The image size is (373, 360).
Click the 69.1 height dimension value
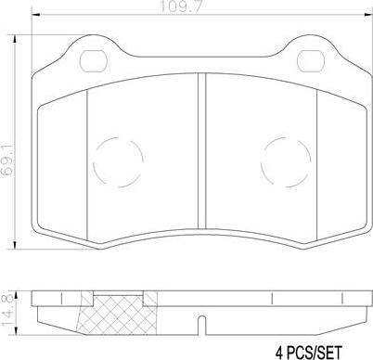point(6,160)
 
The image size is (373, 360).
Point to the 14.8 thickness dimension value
point(6,310)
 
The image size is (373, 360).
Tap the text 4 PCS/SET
point(309,353)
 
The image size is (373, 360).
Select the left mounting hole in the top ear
point(93,60)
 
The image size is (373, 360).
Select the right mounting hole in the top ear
point(311,60)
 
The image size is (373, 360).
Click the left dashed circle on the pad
point(119,161)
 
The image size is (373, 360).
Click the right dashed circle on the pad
point(286,161)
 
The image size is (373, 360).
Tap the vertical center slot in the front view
point(201,151)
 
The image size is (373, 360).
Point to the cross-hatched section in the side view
point(119,314)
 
